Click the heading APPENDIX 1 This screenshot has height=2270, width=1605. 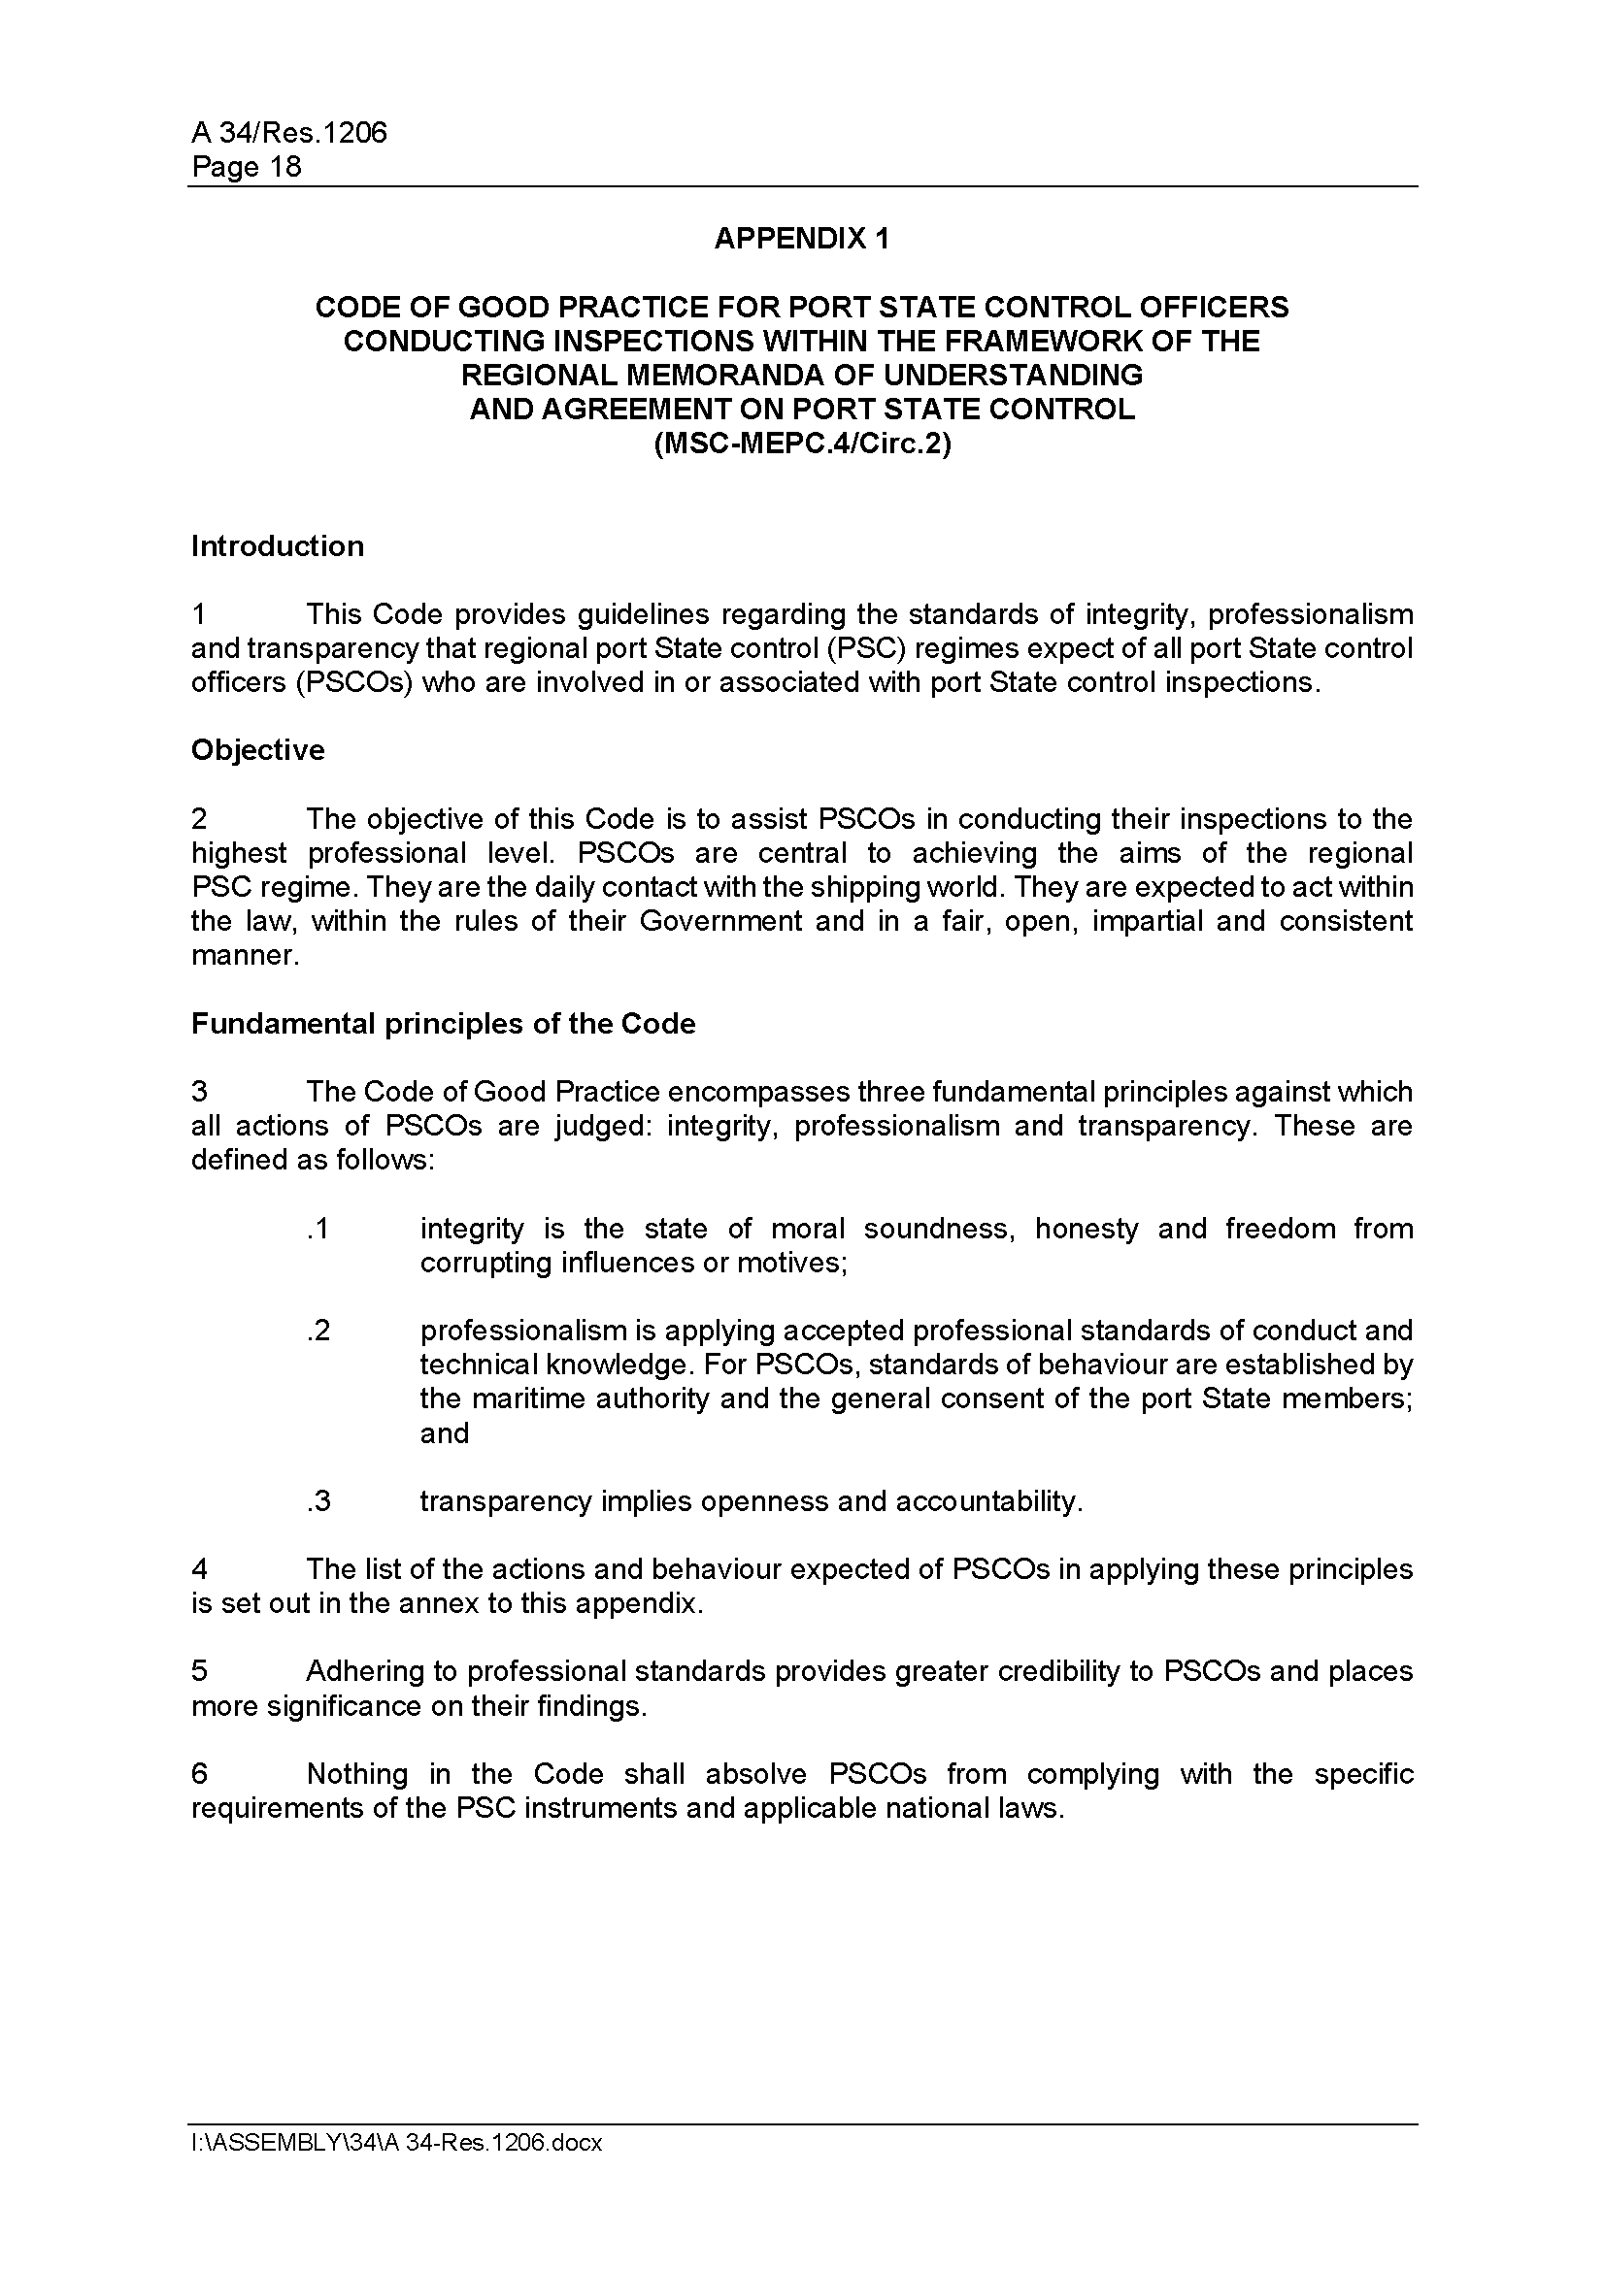coord(801,239)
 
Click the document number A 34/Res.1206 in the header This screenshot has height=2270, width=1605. coord(288,133)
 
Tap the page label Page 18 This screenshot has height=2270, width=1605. coord(247,166)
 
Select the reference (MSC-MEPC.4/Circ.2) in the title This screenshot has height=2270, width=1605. coord(801,444)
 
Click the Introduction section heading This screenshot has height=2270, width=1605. coord(277,545)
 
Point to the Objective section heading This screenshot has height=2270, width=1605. coord(257,750)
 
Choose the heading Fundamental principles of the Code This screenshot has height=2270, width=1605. coord(443,1023)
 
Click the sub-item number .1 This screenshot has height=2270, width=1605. coord(318,1229)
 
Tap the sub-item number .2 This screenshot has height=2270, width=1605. coord(318,1331)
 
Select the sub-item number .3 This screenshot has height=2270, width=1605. coord(318,1501)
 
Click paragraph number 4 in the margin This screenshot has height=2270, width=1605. coord(199,1570)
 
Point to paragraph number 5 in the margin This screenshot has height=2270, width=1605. coord(199,1672)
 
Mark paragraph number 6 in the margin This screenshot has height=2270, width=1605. coord(199,1775)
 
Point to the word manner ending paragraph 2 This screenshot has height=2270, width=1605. coord(244,956)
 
